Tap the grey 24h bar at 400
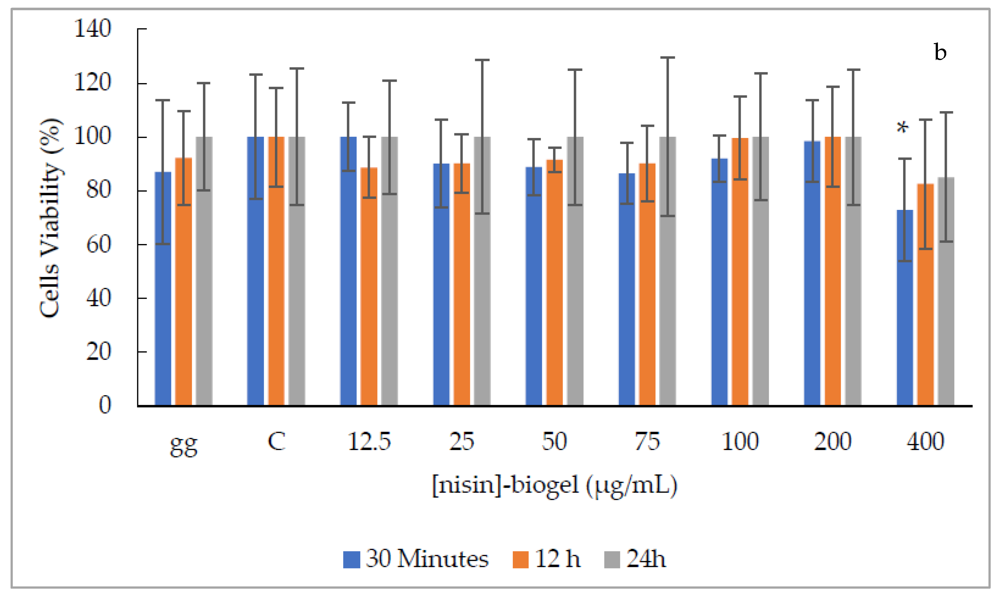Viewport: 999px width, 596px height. coord(946,293)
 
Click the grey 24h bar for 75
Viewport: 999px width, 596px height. coord(667,273)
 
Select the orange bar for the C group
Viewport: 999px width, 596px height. coord(276,273)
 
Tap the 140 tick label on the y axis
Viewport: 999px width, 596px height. coord(92,29)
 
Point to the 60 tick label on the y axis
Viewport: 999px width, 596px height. coord(98,244)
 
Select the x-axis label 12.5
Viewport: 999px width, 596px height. coord(369,442)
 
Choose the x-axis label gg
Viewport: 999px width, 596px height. coord(183,445)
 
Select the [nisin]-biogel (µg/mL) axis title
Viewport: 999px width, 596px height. coord(555,486)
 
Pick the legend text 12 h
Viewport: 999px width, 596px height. coord(558,559)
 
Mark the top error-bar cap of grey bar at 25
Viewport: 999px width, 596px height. coord(482,60)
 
